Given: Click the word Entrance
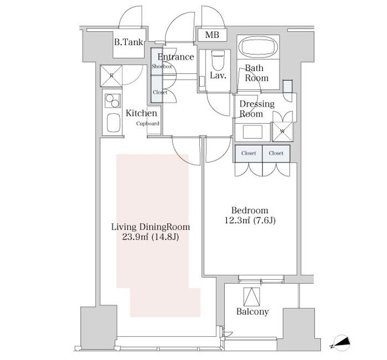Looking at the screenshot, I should (175, 57).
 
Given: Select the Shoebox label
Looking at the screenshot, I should (161, 66).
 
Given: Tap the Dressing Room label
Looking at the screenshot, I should (256, 109).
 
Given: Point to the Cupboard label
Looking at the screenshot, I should (147, 123).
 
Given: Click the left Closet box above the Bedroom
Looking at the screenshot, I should (248, 153).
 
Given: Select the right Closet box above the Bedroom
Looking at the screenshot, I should (276, 153).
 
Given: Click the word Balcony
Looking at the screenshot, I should (252, 312).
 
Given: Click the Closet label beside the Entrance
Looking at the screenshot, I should (160, 92).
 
